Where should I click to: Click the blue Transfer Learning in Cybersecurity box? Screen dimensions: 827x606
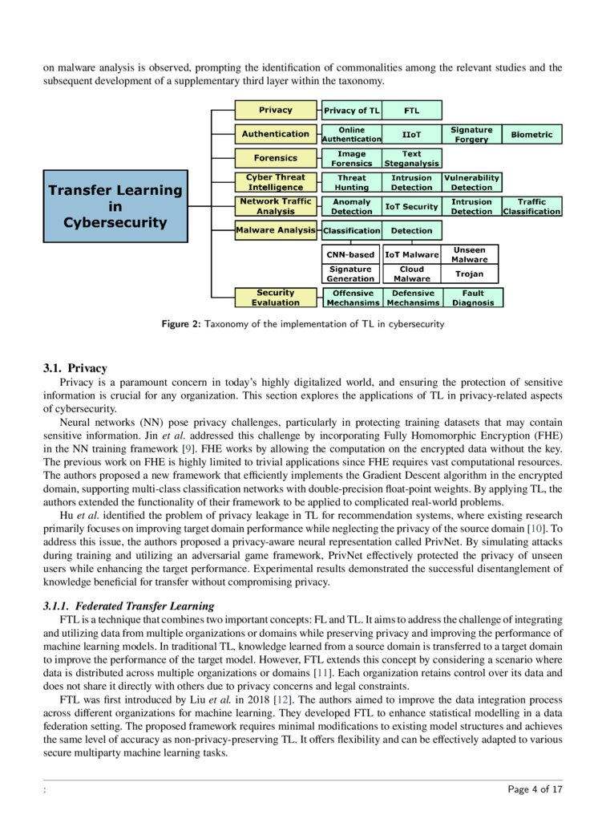coord(115,206)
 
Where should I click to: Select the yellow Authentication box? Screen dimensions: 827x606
coord(275,134)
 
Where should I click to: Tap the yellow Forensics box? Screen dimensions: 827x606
coord(275,158)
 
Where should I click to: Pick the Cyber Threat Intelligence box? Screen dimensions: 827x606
coord(275,182)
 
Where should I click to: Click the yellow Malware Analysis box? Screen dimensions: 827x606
coord(275,230)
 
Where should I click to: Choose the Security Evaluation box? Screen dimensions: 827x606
coord(275,298)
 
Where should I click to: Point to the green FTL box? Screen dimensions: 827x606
coord(411,110)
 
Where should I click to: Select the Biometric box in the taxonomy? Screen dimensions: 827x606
coord(532,134)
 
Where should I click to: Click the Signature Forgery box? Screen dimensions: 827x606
coord(471,134)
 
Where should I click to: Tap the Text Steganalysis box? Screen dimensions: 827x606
coord(411,158)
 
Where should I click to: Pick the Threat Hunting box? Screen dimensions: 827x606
coord(351,182)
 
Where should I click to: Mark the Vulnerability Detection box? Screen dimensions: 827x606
coord(471,182)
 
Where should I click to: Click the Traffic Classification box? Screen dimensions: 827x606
coord(532,206)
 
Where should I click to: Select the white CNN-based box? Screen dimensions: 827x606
coord(350,254)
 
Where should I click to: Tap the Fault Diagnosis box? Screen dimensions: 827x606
coord(473,298)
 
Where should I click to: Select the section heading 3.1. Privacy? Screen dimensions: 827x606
coord(75,368)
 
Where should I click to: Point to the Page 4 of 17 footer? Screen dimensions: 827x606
coord(535,789)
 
